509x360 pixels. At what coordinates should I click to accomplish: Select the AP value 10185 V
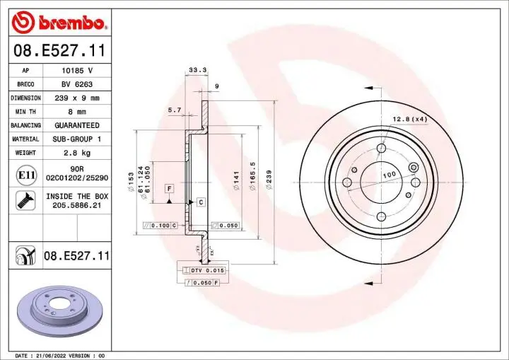78,71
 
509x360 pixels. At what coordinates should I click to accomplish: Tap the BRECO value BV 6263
78,84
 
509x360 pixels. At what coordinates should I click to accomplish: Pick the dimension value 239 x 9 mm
78,98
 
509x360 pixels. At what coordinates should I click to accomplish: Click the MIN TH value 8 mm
78,112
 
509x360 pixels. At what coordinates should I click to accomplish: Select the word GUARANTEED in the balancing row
78,125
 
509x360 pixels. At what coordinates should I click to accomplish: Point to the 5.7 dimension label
175,110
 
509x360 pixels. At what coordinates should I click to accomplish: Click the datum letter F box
170,188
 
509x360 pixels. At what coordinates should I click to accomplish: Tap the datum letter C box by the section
200,202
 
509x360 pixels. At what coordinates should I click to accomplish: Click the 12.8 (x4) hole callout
411,119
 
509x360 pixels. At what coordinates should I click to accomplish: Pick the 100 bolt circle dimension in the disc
389,175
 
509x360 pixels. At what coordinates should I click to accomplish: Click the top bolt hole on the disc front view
382,149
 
